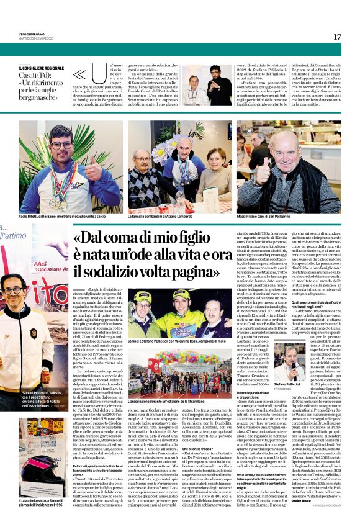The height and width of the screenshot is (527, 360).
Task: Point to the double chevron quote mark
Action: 79,75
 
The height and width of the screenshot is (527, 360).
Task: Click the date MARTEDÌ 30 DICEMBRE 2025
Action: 38,38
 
